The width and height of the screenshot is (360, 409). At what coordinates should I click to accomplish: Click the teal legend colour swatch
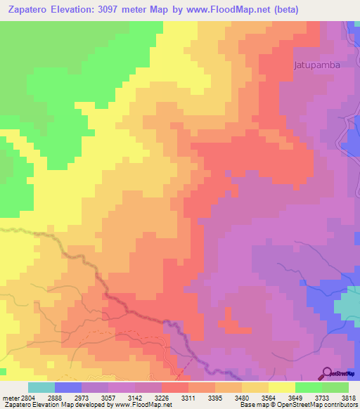[41, 387]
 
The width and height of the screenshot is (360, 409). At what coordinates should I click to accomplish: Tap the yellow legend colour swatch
[282, 387]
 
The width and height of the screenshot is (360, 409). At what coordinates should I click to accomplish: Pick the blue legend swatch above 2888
[68, 387]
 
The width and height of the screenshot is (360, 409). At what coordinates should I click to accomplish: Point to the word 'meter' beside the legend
[10, 398]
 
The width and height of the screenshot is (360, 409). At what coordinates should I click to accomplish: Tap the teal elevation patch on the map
[347, 304]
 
